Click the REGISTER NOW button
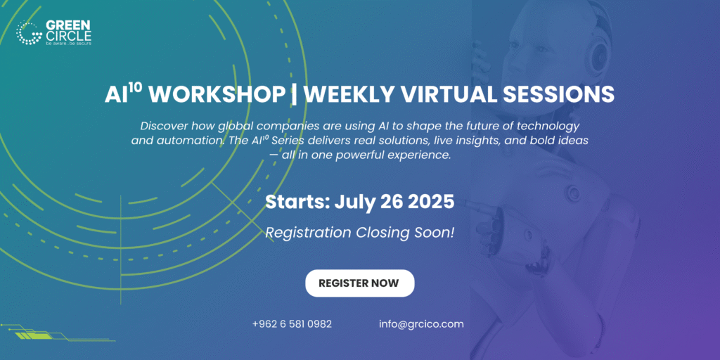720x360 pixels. coord(359,283)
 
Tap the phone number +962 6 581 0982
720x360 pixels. coord(292,323)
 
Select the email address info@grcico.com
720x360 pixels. coord(422,323)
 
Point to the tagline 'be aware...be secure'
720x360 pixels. coord(68,43)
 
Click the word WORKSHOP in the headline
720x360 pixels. coord(217,95)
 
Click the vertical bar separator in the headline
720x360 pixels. coord(293,95)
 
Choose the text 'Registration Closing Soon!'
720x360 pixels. coord(360,233)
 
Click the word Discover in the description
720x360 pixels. coord(163,125)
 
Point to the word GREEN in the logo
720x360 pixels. coord(68,25)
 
